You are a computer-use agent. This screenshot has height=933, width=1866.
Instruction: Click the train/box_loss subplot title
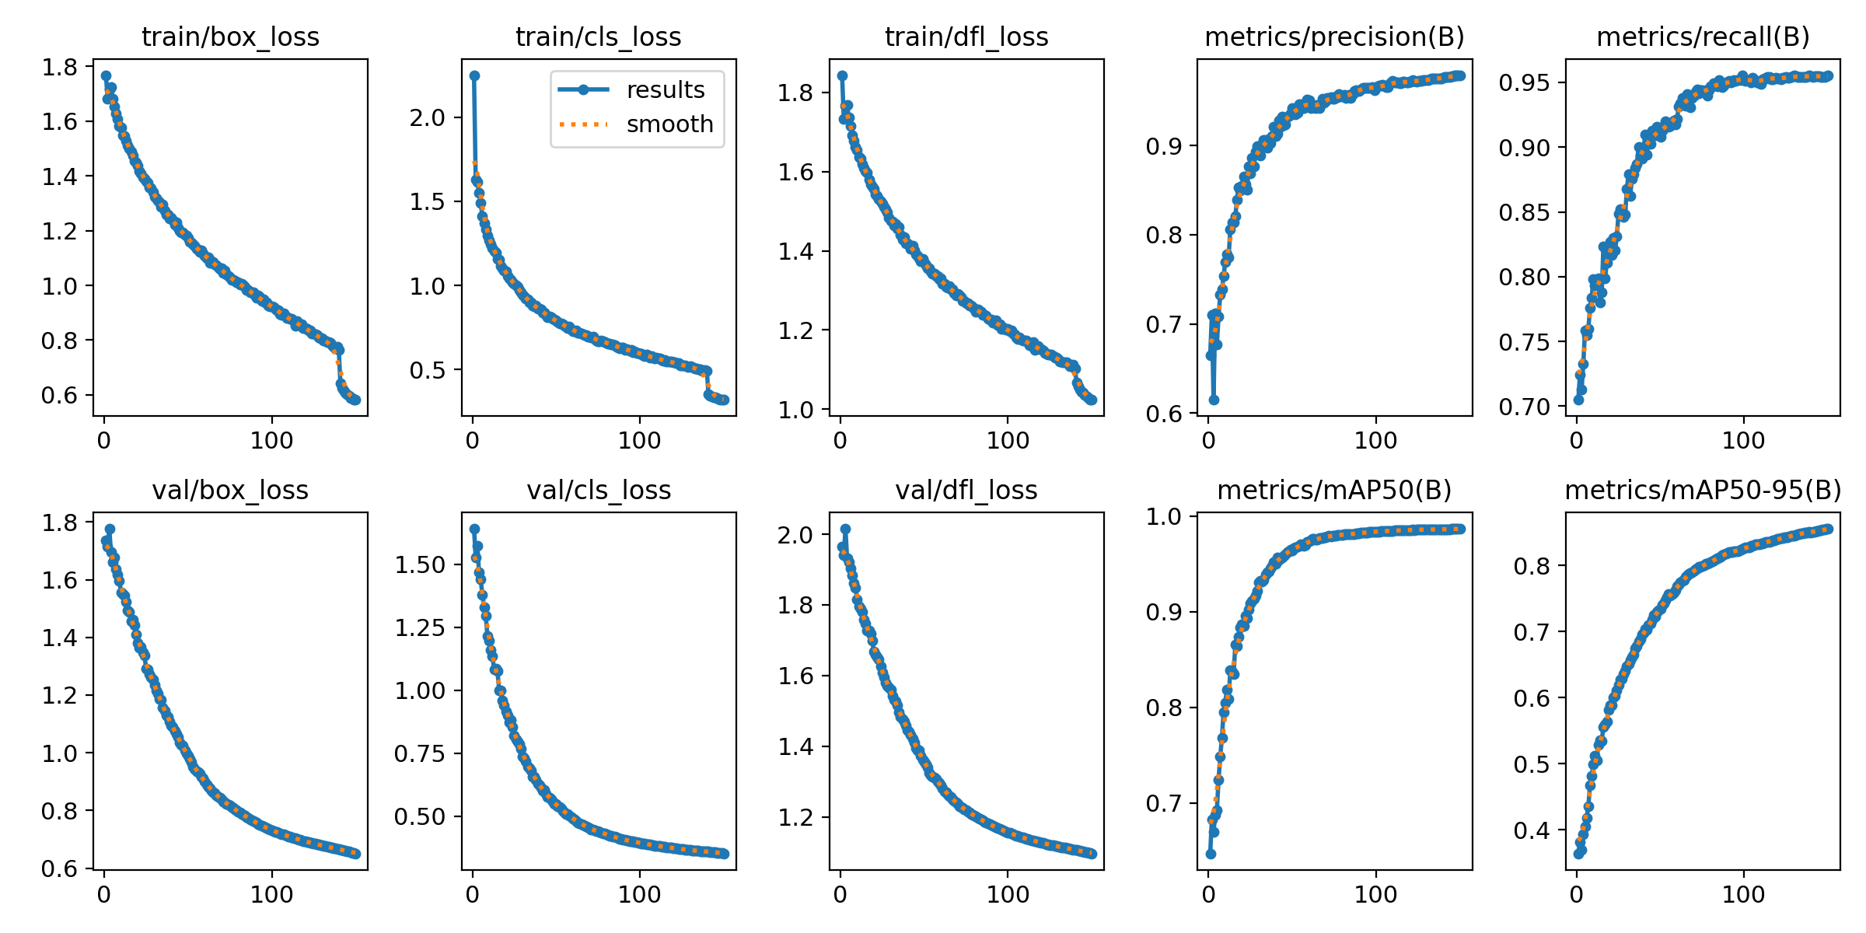[x=230, y=37]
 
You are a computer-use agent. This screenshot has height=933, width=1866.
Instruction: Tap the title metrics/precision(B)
[x=1334, y=37]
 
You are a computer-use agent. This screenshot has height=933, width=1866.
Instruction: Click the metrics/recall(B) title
[x=1703, y=37]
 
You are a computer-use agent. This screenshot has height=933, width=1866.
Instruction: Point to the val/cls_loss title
[x=599, y=490]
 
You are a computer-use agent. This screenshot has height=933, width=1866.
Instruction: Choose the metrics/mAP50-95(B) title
[x=1703, y=490]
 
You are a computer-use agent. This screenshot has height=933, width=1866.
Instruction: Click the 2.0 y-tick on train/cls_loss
[x=428, y=117]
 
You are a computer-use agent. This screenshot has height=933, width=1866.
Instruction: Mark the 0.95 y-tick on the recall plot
[x=1524, y=82]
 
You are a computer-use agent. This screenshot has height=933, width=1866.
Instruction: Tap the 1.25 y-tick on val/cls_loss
[x=420, y=627]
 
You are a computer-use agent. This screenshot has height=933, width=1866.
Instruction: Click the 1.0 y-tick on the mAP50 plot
[x=1163, y=516]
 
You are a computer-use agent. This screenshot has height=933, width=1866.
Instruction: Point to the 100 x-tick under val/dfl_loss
[x=1008, y=894]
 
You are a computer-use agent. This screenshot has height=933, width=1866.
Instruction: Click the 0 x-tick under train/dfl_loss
[x=840, y=441]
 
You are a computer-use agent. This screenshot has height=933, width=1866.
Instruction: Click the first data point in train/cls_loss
[x=474, y=75]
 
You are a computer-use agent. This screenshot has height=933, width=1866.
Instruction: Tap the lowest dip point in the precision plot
[x=1214, y=400]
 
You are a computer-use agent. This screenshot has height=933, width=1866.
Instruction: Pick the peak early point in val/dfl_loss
[x=845, y=529]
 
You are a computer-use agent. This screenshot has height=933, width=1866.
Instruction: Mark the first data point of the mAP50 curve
[x=1211, y=854]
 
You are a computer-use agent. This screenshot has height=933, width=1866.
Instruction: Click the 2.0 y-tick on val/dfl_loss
[x=795, y=535]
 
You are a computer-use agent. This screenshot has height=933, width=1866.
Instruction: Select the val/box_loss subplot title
[x=230, y=490]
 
